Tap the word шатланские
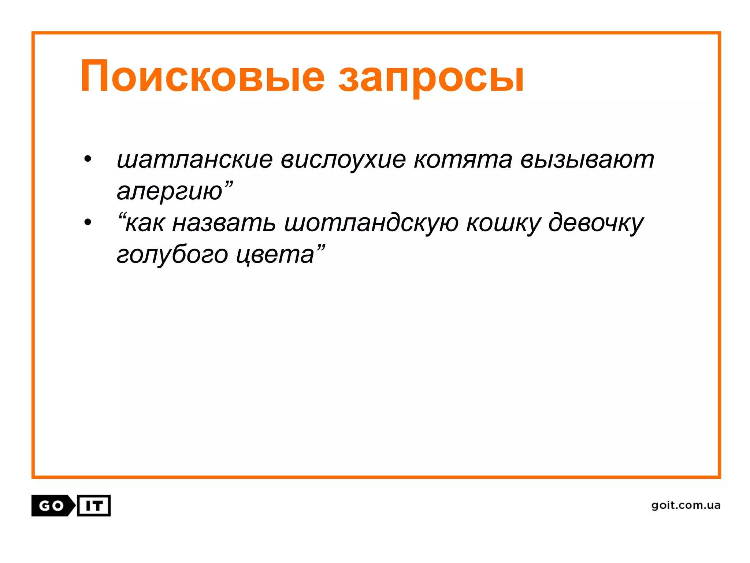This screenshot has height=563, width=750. coord(194,160)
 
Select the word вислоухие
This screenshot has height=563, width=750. coord(343,161)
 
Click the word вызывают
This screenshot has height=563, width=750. coord(587,161)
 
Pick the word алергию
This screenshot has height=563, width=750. coord(170,191)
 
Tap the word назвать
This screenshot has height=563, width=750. coord(224,223)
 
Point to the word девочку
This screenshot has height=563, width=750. coord(596,224)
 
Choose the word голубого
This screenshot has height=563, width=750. coord(172,255)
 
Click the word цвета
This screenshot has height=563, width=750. coord(275,255)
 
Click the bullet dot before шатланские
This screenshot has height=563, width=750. coord(88,160)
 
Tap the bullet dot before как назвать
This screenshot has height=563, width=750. coord(88,222)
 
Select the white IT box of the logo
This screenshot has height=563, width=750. coord(94,506)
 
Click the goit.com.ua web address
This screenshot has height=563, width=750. coord(686,505)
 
